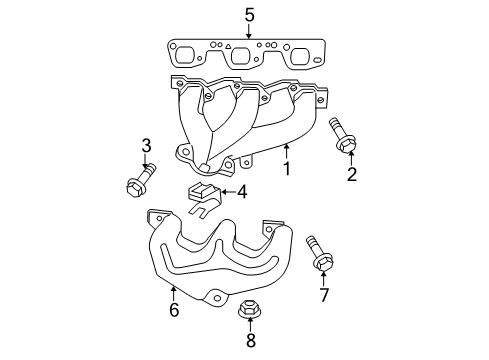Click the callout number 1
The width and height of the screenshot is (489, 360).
(286, 169)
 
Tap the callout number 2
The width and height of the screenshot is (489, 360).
(352, 176)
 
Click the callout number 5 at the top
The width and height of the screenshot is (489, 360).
(249, 14)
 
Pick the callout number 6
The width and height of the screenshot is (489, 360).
(174, 310)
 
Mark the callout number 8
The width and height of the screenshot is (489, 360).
(250, 340)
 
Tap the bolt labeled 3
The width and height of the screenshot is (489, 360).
(136, 186)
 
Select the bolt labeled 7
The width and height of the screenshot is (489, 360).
(318, 252)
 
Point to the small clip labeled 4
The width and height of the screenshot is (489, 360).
(203, 196)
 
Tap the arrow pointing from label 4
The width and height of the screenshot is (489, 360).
(227, 191)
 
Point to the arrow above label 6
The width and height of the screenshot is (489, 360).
(174, 292)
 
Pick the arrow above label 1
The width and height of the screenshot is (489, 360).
(284, 151)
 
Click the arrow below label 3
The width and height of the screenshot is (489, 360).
(146, 166)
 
